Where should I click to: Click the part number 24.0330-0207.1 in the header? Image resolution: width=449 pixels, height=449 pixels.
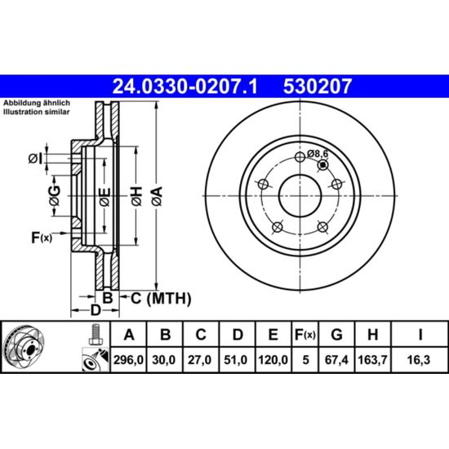point(185,87)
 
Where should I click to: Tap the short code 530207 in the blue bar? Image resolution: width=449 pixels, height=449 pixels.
point(318,87)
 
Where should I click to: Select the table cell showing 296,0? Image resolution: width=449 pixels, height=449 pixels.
point(128,360)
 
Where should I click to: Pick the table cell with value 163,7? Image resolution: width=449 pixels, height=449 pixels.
point(372,360)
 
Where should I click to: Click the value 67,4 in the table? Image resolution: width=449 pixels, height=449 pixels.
point(336,360)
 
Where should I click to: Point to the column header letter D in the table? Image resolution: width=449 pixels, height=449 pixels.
point(238,334)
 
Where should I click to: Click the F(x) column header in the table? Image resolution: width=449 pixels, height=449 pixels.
point(305,335)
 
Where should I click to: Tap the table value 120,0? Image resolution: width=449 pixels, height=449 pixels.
point(273,360)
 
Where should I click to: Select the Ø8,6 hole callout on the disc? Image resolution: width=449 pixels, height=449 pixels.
point(318,153)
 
